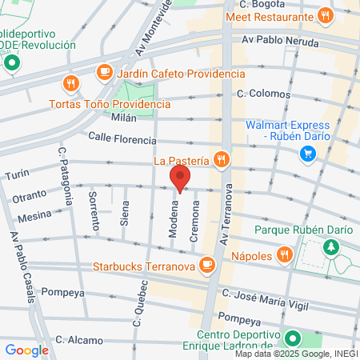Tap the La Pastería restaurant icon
pyautogui.click(x=222, y=160)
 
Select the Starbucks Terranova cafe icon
pyautogui.click(x=207, y=263)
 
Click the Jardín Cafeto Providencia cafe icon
pyautogui.click(x=104, y=72)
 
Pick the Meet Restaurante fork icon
pyautogui.click(x=324, y=14)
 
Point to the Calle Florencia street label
pyautogui.click(x=122, y=138)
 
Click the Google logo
pyautogui.click(x=26, y=350)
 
